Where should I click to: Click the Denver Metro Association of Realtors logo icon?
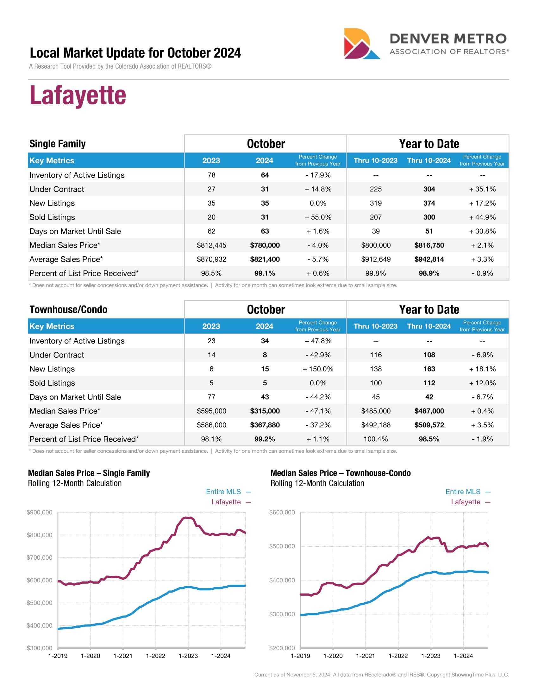[361, 44]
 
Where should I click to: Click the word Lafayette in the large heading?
[78, 95]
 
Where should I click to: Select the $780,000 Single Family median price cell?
[265, 245]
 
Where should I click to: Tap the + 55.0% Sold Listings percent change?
[318, 217]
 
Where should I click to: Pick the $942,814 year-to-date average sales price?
[429, 259]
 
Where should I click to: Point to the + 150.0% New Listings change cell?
[318, 369]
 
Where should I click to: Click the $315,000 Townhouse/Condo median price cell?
[265, 411]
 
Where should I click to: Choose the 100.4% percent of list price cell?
[375, 439]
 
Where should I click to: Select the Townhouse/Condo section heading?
[68, 309]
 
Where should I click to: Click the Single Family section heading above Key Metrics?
[57, 144]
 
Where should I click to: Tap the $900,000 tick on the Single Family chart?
[40, 513]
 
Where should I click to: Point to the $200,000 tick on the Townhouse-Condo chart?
[282, 648]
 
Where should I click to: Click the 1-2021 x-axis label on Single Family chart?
[123, 656]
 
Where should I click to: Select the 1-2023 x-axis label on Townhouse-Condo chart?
[431, 656]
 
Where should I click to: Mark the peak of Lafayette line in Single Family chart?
[188, 518]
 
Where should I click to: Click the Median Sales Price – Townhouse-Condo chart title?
[341, 473]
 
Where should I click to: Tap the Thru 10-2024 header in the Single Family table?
[429, 160]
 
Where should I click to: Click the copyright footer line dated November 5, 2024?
[381, 675]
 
